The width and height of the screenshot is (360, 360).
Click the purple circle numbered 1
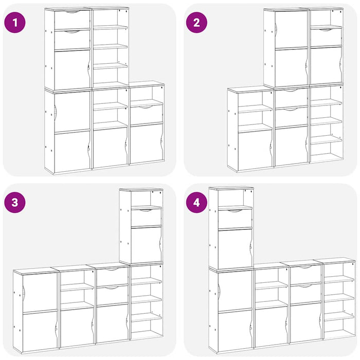point(15,23)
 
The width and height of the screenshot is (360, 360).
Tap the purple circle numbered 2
point(196,23)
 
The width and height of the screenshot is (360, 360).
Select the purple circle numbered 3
point(15,202)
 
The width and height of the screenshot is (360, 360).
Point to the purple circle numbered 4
point(196,202)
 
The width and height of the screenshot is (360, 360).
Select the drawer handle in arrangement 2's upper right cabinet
point(326,29)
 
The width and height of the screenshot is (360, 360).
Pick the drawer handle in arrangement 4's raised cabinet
point(234,210)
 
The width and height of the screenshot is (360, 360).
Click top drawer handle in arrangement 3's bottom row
point(112,269)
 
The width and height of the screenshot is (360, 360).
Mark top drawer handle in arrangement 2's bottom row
point(291,91)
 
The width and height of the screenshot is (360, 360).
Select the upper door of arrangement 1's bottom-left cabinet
point(72,112)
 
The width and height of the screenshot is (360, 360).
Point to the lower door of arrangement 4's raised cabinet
point(235,248)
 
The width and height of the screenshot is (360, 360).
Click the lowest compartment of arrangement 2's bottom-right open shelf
point(326,152)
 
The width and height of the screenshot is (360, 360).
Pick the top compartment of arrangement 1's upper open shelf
point(110,17)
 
